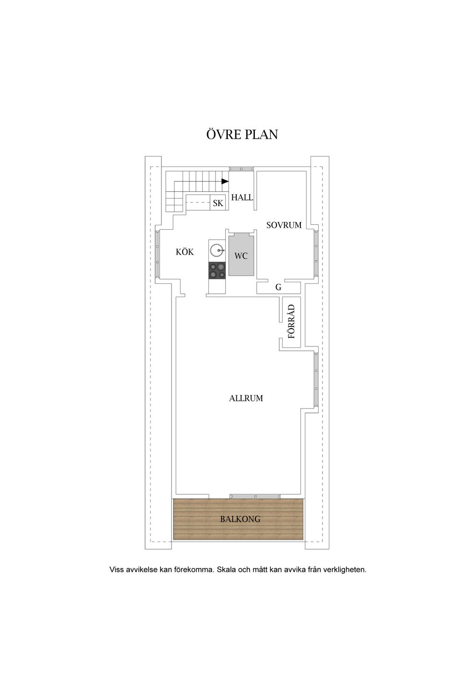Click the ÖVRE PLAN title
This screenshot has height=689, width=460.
242,134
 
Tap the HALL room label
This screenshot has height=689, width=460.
242,198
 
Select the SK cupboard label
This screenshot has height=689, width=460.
218,203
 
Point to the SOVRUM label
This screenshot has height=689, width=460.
284,225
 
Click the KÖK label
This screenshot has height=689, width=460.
184,252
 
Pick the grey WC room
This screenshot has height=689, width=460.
241,255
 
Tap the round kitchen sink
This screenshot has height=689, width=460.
217,250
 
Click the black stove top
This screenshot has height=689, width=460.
217,271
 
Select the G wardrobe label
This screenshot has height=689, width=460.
278,287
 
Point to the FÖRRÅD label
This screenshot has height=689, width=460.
291,322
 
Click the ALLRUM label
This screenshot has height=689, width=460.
246,398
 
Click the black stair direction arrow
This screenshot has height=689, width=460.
225,181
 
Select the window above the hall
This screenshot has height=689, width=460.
241,168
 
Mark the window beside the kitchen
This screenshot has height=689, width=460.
158,253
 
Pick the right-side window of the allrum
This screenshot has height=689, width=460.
316,380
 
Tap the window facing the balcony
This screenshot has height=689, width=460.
255,496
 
